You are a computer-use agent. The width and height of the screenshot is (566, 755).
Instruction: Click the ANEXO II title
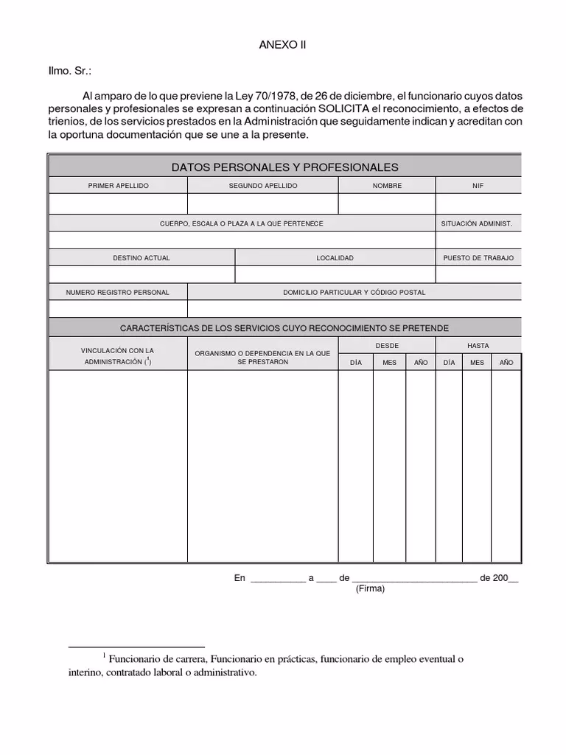(x=282, y=44)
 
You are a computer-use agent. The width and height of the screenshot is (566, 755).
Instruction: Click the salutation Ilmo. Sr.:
(x=71, y=71)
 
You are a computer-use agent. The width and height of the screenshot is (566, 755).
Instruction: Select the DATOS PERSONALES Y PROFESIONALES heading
(x=284, y=167)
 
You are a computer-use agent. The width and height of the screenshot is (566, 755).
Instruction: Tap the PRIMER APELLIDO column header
(x=118, y=186)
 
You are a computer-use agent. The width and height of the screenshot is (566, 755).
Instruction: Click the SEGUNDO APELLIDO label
(x=263, y=186)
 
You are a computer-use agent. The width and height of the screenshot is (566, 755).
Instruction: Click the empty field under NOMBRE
(x=387, y=203)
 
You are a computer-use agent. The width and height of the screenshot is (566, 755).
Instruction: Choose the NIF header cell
(x=478, y=186)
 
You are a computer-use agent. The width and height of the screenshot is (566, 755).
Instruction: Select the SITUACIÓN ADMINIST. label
(x=477, y=223)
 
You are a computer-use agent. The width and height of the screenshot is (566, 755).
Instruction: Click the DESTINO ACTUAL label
(x=141, y=258)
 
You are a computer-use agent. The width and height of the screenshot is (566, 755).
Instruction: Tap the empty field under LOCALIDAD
(x=335, y=275)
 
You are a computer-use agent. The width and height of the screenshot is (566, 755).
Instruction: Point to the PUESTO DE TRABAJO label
(x=478, y=258)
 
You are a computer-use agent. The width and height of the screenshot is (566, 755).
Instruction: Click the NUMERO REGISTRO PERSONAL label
(x=118, y=293)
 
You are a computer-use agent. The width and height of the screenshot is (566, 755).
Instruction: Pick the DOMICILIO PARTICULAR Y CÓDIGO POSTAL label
(x=354, y=293)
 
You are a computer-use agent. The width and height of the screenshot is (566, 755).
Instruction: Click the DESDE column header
(x=387, y=346)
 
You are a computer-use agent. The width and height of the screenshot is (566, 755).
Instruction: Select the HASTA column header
(x=478, y=346)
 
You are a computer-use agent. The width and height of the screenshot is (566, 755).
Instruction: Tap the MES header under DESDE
(x=389, y=363)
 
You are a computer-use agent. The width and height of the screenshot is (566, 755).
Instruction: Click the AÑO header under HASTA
(x=506, y=363)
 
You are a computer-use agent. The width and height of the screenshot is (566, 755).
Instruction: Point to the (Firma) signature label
(x=370, y=589)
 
